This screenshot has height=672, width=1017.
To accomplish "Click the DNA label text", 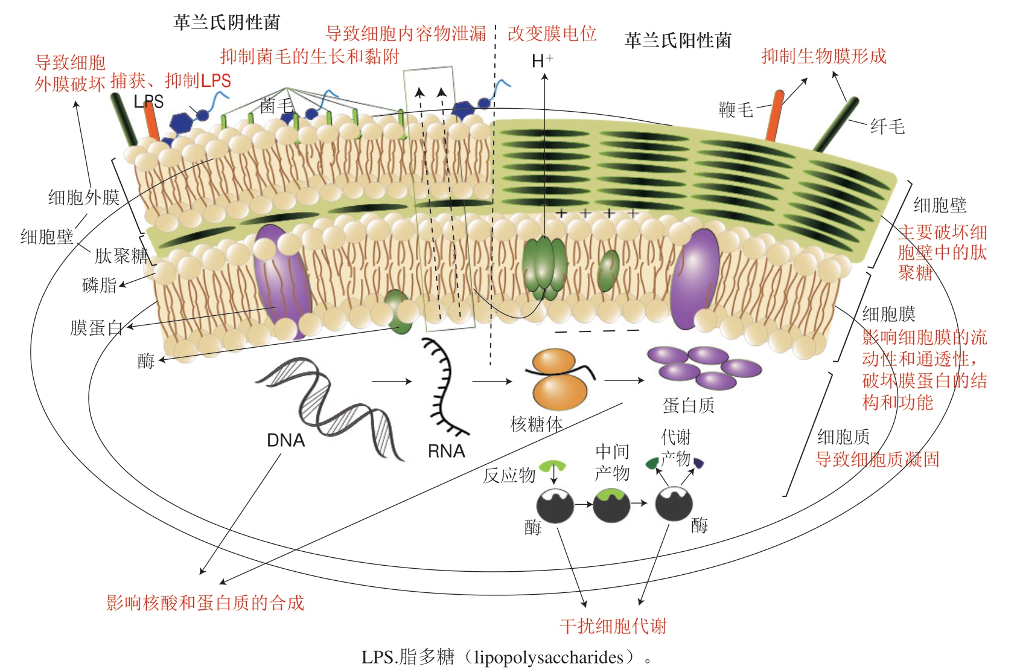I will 285,440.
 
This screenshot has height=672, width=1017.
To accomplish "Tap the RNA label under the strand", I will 446,451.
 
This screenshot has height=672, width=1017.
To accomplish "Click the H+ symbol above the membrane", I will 541,60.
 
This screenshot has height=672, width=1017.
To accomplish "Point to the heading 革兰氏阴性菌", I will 226,22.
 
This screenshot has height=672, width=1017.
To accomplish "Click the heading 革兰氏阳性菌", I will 677,40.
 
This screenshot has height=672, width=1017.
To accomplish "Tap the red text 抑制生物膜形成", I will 823,56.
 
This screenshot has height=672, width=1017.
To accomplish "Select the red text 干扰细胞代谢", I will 613,626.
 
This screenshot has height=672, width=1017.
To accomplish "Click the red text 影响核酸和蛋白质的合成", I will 205,603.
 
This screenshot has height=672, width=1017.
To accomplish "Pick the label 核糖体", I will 536,424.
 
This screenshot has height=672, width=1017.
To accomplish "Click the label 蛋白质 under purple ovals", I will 688,405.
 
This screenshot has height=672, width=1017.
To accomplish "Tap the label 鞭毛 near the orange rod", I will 736,109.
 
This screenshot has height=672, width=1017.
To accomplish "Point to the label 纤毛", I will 887,126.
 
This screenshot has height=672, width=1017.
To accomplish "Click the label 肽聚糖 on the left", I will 121,256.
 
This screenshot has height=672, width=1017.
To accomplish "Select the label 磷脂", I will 99,285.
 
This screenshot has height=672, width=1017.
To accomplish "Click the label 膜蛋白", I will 96,328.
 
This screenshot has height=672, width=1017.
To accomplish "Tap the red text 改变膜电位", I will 552,34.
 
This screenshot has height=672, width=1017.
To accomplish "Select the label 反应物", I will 509,475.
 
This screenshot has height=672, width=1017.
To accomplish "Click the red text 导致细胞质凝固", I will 877,459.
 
